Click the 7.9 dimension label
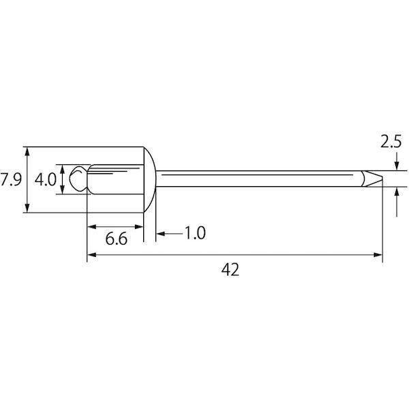[x=11, y=179]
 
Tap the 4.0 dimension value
[x=46, y=180]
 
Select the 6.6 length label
[x=117, y=239]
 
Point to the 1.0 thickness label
[x=195, y=232]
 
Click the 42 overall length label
[x=230, y=269]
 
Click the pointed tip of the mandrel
[x=382, y=178]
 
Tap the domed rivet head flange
[x=150, y=180]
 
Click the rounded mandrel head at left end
[x=78, y=179]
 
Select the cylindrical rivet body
[x=115, y=179]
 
